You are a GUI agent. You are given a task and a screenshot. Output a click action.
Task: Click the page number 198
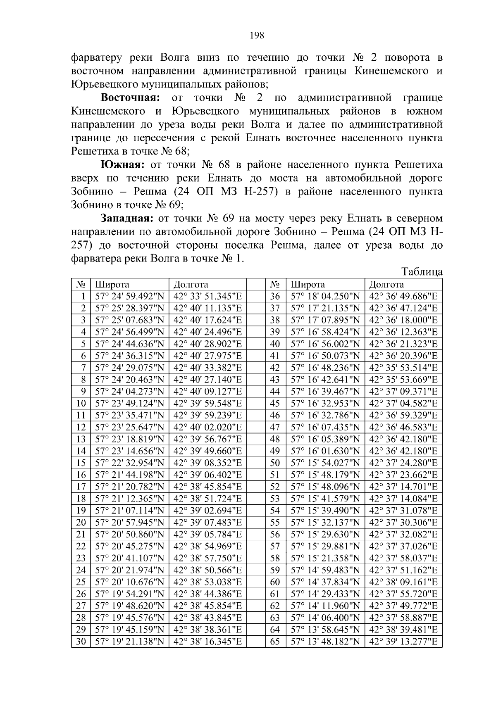click(257, 35)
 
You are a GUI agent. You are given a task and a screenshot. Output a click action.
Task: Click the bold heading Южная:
click(123, 165)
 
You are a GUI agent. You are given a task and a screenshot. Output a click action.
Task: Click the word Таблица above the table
click(422, 272)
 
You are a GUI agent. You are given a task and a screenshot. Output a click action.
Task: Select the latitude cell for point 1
click(129, 297)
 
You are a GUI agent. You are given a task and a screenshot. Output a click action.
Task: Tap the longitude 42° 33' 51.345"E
click(207, 297)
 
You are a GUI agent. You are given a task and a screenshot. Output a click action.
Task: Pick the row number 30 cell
click(81, 642)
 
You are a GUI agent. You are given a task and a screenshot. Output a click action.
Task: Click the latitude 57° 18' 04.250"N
click(325, 297)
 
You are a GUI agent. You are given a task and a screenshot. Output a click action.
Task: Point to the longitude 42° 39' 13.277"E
click(403, 642)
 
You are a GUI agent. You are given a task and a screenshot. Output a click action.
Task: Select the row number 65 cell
click(275, 642)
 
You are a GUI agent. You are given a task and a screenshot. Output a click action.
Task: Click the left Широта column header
click(112, 285)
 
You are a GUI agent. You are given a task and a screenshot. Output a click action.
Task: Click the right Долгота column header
click(386, 285)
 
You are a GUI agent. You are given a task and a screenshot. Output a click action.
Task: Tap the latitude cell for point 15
click(129, 463)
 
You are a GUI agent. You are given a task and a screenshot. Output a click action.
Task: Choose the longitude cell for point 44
click(403, 392)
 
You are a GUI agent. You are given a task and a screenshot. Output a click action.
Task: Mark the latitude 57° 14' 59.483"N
click(325, 570)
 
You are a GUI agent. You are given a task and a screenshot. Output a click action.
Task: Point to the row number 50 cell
click(275, 463)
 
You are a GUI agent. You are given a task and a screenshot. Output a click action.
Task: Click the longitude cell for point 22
click(207, 547)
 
